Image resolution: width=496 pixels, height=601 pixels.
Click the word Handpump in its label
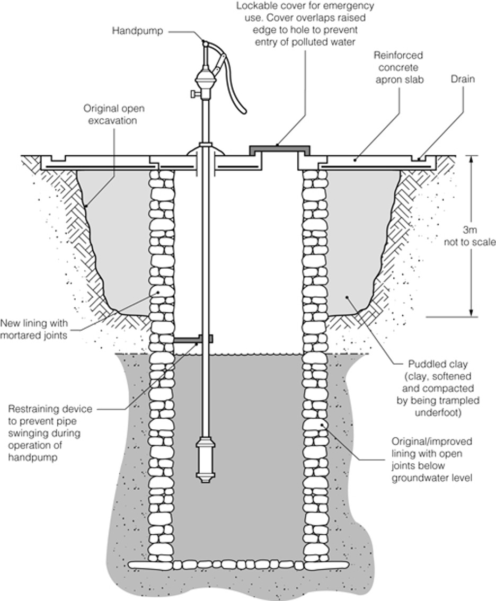click(x=135, y=31)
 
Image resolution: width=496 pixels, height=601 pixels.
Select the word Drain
click(x=463, y=79)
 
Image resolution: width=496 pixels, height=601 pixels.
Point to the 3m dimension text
click(x=470, y=231)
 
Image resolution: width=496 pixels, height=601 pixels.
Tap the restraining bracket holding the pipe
click(x=193, y=338)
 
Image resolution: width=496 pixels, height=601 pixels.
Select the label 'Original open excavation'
click(x=114, y=114)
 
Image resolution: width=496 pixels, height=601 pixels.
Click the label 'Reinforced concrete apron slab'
click(x=398, y=68)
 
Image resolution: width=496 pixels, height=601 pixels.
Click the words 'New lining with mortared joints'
click(x=34, y=329)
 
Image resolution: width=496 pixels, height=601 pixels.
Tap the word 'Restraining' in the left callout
click(x=33, y=409)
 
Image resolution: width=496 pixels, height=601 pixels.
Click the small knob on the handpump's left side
click(x=192, y=94)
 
